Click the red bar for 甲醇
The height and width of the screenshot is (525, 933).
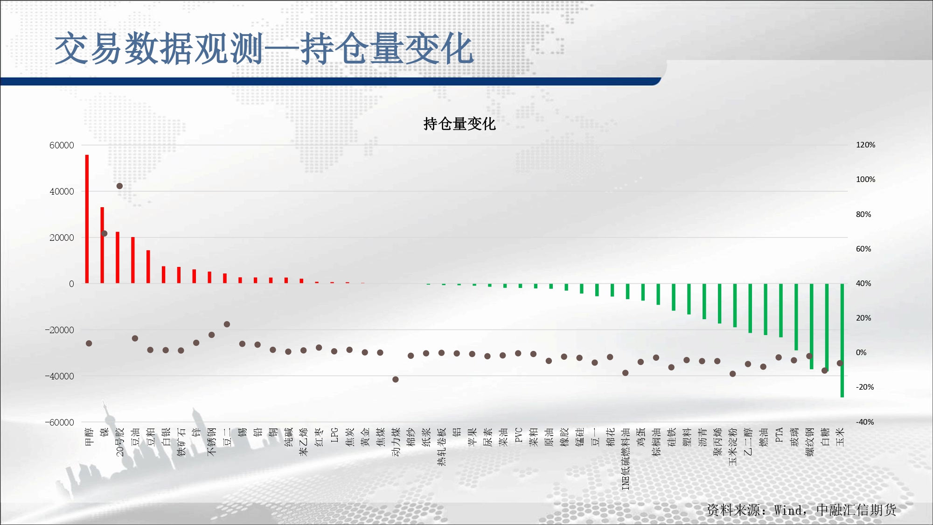click(87, 219)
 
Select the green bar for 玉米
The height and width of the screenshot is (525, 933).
click(842, 340)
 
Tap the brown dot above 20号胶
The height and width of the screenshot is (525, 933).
click(119, 186)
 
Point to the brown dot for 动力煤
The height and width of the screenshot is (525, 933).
click(396, 379)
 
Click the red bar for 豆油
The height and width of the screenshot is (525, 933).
click(133, 260)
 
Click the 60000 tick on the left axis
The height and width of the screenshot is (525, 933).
click(62, 145)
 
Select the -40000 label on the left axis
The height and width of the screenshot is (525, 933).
click(59, 376)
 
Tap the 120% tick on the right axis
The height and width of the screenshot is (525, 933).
click(865, 145)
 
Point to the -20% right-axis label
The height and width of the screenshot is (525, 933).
click(864, 387)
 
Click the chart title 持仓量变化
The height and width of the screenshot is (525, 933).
click(460, 124)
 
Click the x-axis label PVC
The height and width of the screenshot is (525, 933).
click(518, 435)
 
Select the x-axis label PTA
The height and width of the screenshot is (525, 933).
click(779, 435)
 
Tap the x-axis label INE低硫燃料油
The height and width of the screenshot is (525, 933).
click(626, 459)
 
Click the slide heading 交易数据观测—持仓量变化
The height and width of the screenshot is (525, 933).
click(264, 49)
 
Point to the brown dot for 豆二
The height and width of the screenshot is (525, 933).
click(227, 324)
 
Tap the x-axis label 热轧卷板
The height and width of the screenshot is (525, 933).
click(442, 447)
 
